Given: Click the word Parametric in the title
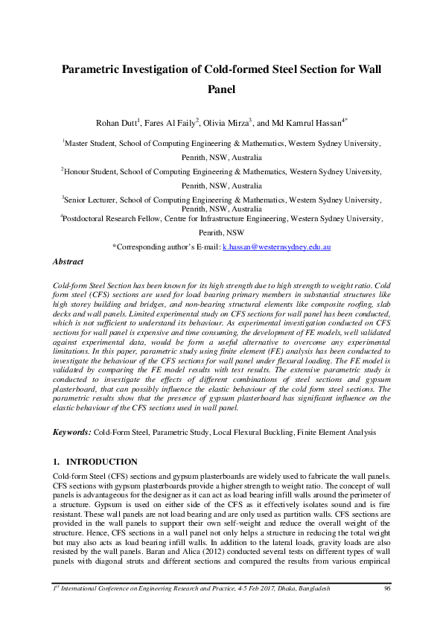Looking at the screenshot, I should click(x=95, y=69).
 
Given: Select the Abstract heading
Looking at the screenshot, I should click(x=68, y=261).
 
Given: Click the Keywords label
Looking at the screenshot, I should click(x=72, y=432).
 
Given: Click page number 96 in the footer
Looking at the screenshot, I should click(x=387, y=610).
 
